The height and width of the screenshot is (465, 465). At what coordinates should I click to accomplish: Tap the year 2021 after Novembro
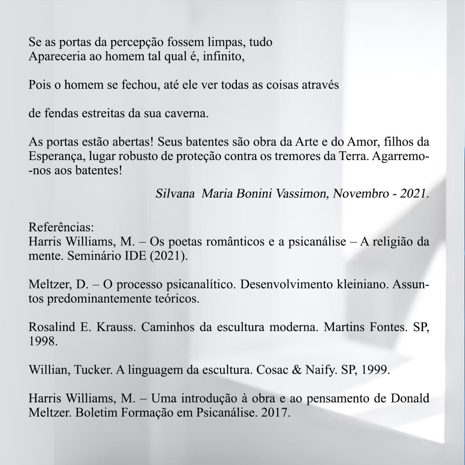coord(414,194)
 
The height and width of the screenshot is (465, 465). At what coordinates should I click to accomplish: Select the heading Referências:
coord(61,227)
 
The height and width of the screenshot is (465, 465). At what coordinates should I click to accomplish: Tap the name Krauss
coord(116,327)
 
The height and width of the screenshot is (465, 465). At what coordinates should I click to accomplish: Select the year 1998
coord(43,341)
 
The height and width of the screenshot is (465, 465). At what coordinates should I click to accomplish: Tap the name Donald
coord(410,398)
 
